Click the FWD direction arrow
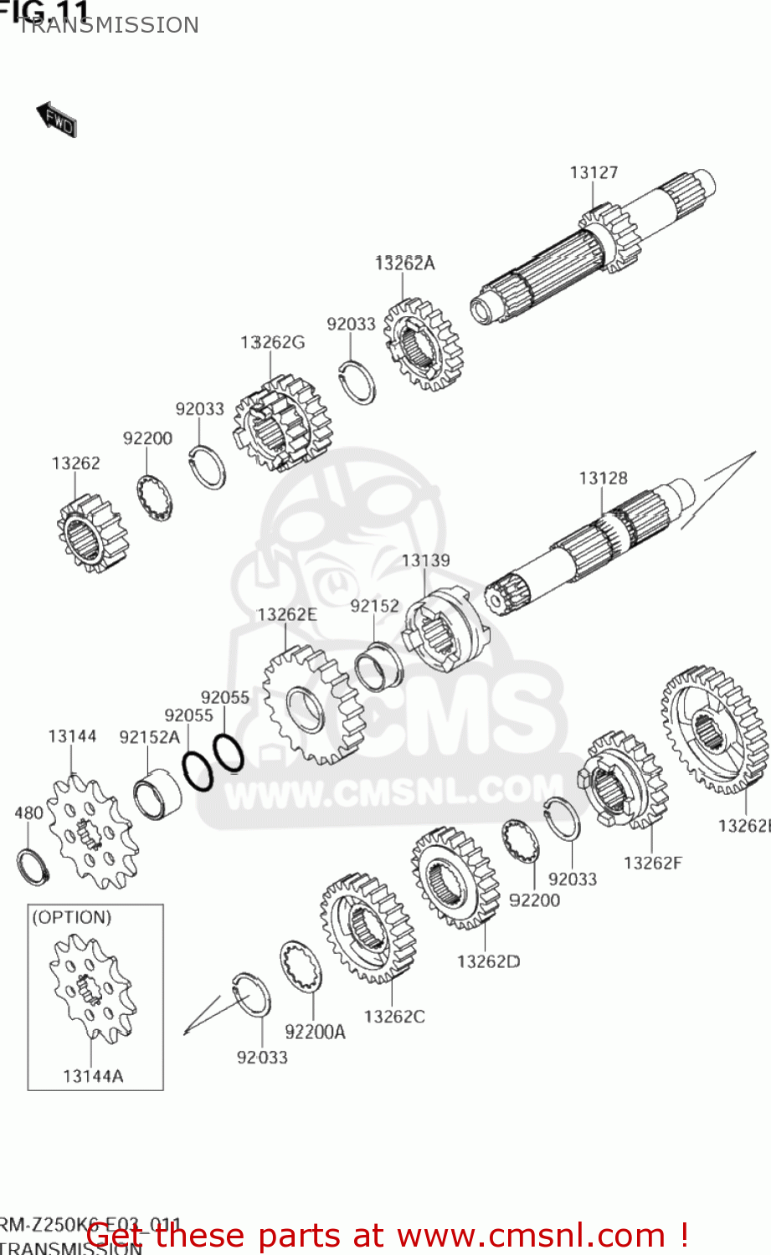coord(56,120)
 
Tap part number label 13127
coord(594,172)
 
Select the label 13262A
coord(404,263)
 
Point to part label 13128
coord(603,478)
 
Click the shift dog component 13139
coord(444,632)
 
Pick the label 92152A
coord(149,736)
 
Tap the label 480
coord(28,812)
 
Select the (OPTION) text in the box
coord(71,917)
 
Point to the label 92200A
coord(315,1032)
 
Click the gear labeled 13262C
coord(368,928)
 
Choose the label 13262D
coord(488,961)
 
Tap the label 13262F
coord(652,863)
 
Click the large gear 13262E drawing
coord(312,704)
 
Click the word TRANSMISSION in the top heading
coord(109,25)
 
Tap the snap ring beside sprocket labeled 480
coord(33,866)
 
